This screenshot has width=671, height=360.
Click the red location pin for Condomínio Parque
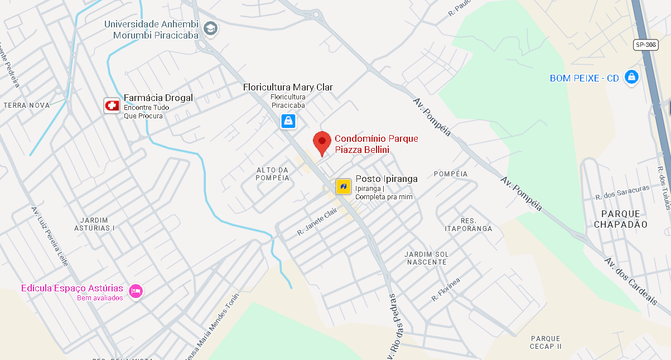click(322, 142)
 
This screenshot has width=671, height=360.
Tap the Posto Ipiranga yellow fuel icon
click(343, 186)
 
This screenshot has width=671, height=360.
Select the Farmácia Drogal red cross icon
click(112, 105)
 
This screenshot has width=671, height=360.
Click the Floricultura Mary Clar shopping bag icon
click(288, 121)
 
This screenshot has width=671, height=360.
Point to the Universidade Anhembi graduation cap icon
click(210, 28)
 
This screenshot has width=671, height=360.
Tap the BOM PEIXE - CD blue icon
click(631, 77)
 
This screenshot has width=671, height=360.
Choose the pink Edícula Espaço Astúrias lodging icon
click(136, 291)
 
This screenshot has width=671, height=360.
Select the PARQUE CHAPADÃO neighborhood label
click(620, 219)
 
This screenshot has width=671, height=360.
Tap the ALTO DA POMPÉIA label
click(273, 174)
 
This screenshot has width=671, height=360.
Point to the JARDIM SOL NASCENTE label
click(427, 258)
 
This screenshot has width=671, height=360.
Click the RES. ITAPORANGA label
click(469, 224)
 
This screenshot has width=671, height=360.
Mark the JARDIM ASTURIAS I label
click(94, 224)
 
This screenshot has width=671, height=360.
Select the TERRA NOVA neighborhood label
click(26, 105)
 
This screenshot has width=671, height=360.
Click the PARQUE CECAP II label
click(546, 342)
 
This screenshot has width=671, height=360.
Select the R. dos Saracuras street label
click(621, 193)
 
